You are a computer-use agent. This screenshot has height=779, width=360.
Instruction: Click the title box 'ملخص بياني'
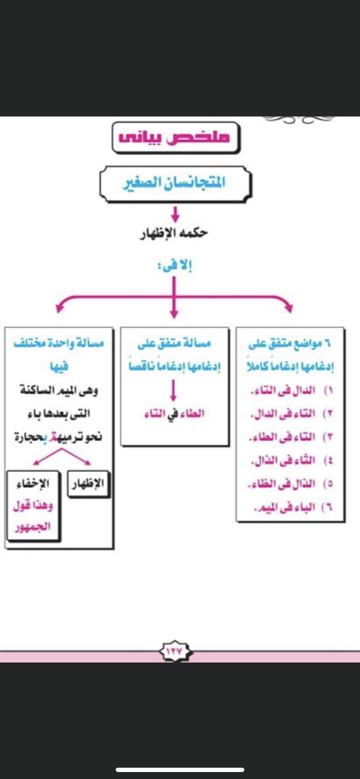(x=176, y=137)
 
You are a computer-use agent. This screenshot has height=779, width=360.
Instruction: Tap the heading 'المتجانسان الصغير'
(x=174, y=182)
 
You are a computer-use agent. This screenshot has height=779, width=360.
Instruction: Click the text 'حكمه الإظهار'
(x=173, y=233)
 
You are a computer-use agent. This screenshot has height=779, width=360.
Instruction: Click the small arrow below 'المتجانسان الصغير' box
(x=175, y=213)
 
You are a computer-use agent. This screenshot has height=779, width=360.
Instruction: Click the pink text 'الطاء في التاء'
(x=174, y=413)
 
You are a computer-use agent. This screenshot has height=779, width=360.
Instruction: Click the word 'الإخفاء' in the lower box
(x=33, y=483)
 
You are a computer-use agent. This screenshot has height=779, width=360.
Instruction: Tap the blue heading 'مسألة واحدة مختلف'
(x=59, y=343)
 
